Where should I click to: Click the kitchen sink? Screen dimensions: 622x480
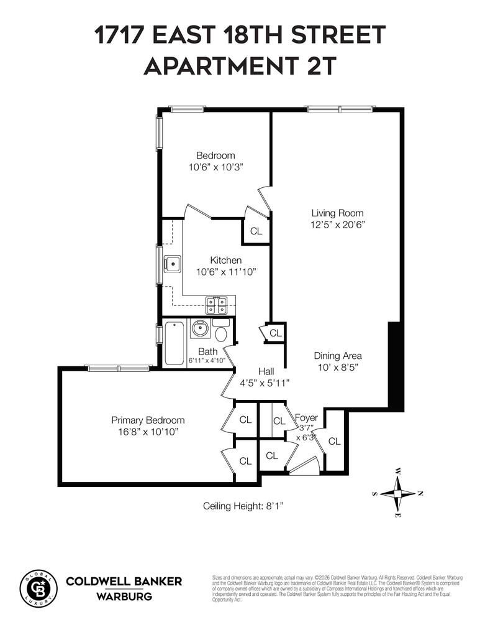coord(172,264)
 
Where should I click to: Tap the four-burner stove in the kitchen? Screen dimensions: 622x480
coord(217,305)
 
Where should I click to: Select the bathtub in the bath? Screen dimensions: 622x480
coord(174,342)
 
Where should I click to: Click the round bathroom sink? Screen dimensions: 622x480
coord(201,328)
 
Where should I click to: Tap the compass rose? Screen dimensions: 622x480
coord(397,493)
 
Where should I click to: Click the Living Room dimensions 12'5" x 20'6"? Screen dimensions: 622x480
coord(337,225)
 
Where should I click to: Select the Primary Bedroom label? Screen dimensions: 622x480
coord(148,420)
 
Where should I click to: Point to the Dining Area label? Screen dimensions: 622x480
coord(337,356)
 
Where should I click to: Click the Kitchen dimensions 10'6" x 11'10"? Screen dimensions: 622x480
coord(226,272)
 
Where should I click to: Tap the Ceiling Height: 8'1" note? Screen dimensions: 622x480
coord(243,506)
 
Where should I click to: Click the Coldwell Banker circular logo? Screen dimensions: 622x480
coord(38,588)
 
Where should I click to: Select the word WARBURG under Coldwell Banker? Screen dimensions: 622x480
coord(124,596)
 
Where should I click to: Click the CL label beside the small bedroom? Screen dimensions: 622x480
coord(256,231)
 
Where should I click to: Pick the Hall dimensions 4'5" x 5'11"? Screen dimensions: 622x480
coord(265,383)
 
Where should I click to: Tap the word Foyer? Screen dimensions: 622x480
coord(306,417)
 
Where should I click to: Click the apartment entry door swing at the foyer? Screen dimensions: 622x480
coord(304,463)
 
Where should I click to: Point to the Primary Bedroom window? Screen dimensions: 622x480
coord(119,368)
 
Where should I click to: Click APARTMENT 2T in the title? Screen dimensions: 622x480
coord(240,66)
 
